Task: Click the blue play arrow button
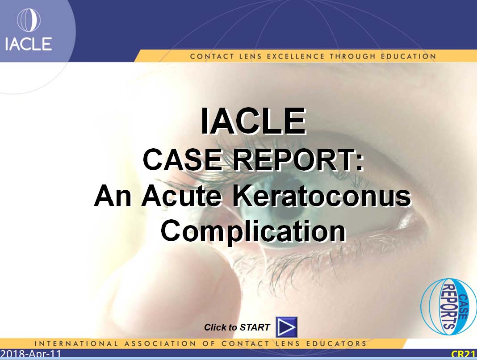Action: click(x=286, y=327)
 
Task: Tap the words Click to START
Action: click(x=237, y=327)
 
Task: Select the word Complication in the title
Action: click(x=253, y=231)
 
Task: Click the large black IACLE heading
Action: click(x=253, y=121)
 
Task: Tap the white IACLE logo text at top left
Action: click(x=28, y=44)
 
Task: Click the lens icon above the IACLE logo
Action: click(x=29, y=20)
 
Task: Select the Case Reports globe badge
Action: click(x=448, y=306)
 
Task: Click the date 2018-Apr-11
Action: click(x=31, y=354)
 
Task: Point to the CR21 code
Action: click(x=464, y=354)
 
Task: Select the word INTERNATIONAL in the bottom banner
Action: click(x=76, y=343)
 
